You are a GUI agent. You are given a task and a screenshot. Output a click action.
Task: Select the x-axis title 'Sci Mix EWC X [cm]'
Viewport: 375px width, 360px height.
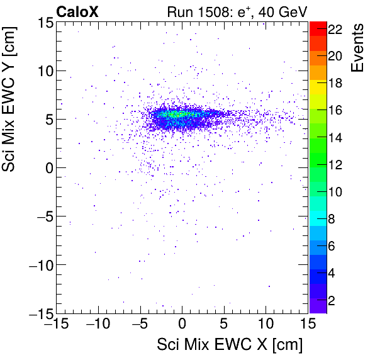230,345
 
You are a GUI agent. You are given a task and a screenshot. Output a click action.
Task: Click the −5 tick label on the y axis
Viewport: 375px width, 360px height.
41,216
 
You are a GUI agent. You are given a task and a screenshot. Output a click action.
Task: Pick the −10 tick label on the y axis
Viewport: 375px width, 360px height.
36,264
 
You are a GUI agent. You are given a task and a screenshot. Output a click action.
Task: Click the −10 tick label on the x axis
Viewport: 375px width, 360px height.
98,323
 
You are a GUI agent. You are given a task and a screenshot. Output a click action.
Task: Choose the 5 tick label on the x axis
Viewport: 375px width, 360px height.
224,323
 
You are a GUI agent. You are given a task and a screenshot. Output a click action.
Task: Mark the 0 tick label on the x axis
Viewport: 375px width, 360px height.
182,323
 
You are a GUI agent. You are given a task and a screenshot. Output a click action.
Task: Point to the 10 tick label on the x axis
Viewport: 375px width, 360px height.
266,323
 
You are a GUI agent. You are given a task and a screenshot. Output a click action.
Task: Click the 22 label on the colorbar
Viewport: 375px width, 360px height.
334,29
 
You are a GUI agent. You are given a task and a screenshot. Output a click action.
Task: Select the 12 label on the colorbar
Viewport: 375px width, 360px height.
334,165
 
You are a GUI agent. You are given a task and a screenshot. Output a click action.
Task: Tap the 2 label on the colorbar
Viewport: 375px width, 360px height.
331,300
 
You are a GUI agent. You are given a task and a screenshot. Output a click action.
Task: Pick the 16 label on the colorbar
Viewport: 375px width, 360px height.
334,111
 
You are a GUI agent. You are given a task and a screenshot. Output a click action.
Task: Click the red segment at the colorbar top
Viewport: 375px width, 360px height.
318,28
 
